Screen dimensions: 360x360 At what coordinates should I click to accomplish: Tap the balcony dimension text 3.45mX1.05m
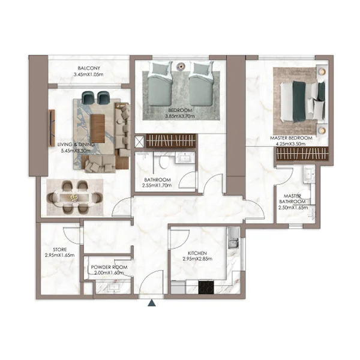(88, 74)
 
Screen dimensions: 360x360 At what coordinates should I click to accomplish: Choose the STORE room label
(59, 249)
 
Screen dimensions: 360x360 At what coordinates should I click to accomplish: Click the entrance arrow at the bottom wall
(152, 303)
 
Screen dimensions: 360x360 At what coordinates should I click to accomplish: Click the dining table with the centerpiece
(75, 196)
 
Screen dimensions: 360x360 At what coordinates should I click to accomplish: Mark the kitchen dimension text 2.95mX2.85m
(197, 260)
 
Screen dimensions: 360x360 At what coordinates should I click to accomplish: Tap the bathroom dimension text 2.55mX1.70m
(157, 185)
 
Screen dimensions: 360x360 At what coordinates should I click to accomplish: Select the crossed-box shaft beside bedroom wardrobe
(139, 142)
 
